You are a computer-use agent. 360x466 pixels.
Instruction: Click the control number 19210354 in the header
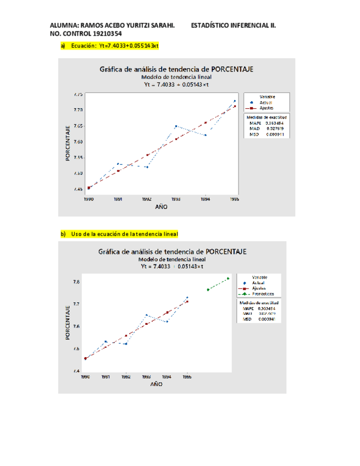[104, 34]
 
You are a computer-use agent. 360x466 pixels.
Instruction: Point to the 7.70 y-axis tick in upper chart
[78, 110]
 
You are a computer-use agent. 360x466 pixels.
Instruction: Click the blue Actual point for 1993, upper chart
[176, 126]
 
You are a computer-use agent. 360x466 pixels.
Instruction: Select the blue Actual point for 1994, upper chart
[205, 135]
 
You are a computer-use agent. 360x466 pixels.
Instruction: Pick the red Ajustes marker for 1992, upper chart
[147, 155]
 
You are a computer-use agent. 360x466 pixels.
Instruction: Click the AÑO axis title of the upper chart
[161, 208]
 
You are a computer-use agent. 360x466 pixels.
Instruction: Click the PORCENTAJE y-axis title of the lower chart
[68, 321]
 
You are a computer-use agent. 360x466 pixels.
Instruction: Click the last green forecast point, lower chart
[228, 279]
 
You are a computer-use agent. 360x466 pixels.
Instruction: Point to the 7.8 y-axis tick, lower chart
[76, 282]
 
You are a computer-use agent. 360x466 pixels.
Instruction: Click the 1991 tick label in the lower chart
[106, 378]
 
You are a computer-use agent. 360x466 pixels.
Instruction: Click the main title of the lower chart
[172, 251]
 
